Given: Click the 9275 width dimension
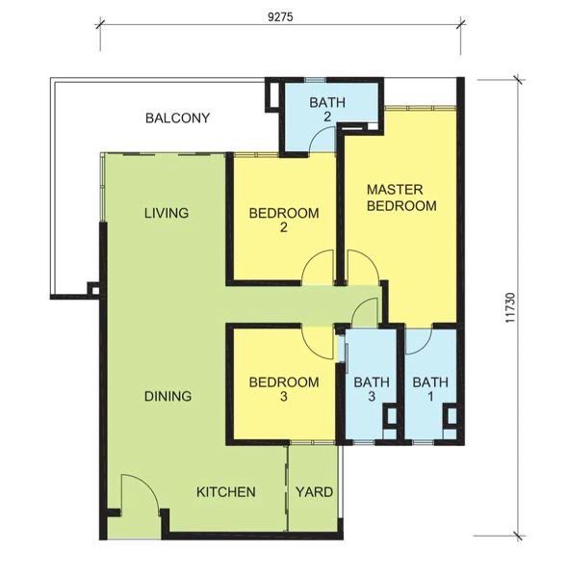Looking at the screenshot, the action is click(280, 17).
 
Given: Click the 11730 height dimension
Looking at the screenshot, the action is click(510, 308).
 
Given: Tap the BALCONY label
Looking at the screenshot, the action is click(177, 118).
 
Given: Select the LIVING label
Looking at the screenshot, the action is click(167, 213).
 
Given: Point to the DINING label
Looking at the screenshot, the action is click(168, 396).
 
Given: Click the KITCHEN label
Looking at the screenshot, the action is click(226, 492).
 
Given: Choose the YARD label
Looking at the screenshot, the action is click(314, 492).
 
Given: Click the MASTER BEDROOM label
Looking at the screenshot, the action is click(401, 197).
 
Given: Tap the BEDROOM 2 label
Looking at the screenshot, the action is click(284, 220).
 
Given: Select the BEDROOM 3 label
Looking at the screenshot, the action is click(284, 389).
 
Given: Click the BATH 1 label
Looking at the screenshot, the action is click(430, 389).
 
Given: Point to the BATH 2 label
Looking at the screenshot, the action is click(327, 109).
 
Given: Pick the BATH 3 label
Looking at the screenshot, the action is click(372, 389).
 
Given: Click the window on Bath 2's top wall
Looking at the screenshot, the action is click(316, 80).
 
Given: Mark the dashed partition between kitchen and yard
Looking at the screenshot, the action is click(287, 488).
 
